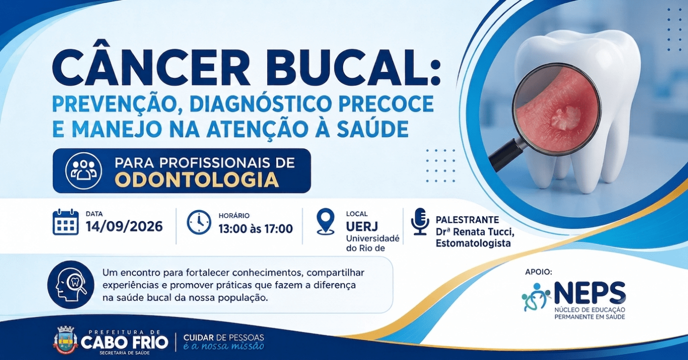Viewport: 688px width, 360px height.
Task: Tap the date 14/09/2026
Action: coord(124,227)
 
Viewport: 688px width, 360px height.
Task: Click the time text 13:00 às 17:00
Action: coord(255,229)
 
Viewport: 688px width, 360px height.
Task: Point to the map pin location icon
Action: coord(326,221)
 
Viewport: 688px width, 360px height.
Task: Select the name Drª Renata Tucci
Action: coord(475,232)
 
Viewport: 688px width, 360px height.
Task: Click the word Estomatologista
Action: coord(473,243)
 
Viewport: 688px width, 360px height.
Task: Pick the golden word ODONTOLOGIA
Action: coord(198,180)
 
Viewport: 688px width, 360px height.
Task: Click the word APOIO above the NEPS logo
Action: coord(539,272)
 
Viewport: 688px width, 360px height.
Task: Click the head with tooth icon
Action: coord(71,285)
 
